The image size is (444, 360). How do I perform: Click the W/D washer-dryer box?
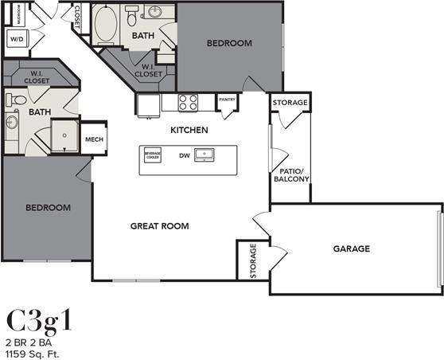[x=17, y=38]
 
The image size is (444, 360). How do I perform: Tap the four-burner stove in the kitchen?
[x=189, y=102]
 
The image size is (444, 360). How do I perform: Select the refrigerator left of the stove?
[x=148, y=104]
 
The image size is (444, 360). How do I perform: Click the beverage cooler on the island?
[x=152, y=155]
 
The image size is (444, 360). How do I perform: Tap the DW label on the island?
[x=183, y=155]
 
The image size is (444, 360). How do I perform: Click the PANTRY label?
[x=227, y=100]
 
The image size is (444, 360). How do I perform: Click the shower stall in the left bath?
[x=65, y=135]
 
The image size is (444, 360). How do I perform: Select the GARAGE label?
[x=351, y=248]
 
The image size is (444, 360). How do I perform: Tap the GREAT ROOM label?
[x=159, y=226]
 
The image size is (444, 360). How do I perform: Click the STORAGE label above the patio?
[x=290, y=104]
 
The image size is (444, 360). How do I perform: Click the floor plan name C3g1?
[x=40, y=319]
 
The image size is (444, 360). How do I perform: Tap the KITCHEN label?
[x=189, y=130]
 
